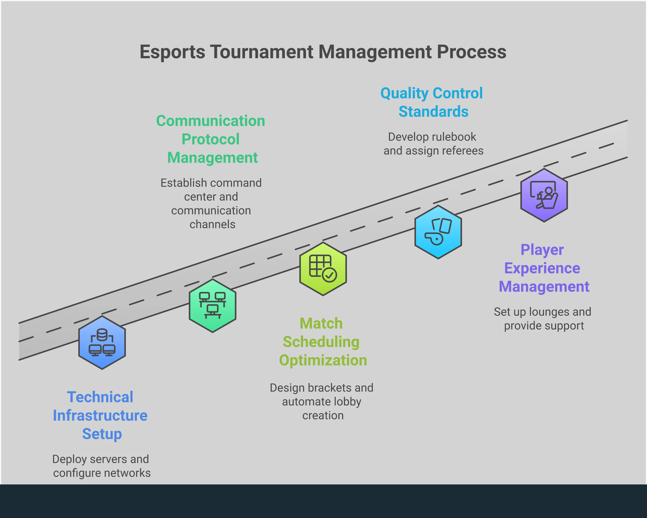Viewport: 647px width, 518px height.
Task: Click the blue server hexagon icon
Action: tap(102, 342)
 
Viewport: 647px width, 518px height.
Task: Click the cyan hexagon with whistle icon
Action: tap(438, 232)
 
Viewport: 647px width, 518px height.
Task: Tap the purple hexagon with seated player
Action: tap(544, 195)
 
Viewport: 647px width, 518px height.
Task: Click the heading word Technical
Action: tap(100, 397)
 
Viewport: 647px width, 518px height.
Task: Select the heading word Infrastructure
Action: tap(100, 416)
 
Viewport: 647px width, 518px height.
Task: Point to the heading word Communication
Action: tap(211, 121)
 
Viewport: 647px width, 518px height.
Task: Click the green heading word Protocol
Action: tap(211, 139)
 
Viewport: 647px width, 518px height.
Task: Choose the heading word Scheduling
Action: tap(321, 342)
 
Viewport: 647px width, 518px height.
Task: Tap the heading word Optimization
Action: tap(323, 360)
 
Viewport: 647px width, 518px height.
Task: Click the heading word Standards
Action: tap(433, 112)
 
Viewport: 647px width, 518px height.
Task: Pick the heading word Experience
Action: tap(542, 268)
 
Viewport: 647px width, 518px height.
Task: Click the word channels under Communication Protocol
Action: tap(212, 224)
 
